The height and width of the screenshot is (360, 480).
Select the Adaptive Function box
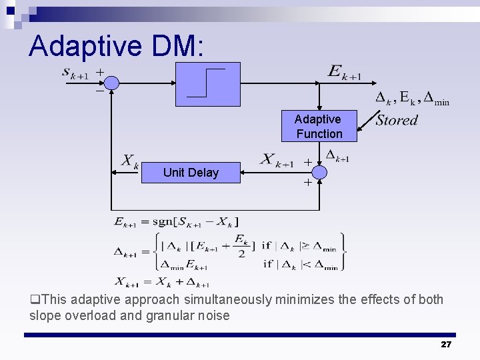(319, 126)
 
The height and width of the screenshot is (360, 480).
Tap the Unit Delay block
(191, 173)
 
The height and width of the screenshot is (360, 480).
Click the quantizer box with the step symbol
(207, 83)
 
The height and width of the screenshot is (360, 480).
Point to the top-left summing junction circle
(112, 83)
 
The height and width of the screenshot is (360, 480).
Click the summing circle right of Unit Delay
(319, 173)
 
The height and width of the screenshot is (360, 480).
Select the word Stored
(397, 121)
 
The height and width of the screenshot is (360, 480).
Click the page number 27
(446, 344)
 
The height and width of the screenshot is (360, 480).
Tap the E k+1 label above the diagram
(344, 71)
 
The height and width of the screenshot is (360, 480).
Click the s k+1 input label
(75, 72)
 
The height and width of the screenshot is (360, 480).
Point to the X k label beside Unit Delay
(129, 161)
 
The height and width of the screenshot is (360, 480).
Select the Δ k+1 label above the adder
(337, 156)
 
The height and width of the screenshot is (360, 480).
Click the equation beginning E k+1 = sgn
(176, 221)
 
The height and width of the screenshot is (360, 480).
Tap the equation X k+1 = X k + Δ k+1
(162, 282)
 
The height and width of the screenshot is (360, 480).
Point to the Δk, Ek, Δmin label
(411, 99)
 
